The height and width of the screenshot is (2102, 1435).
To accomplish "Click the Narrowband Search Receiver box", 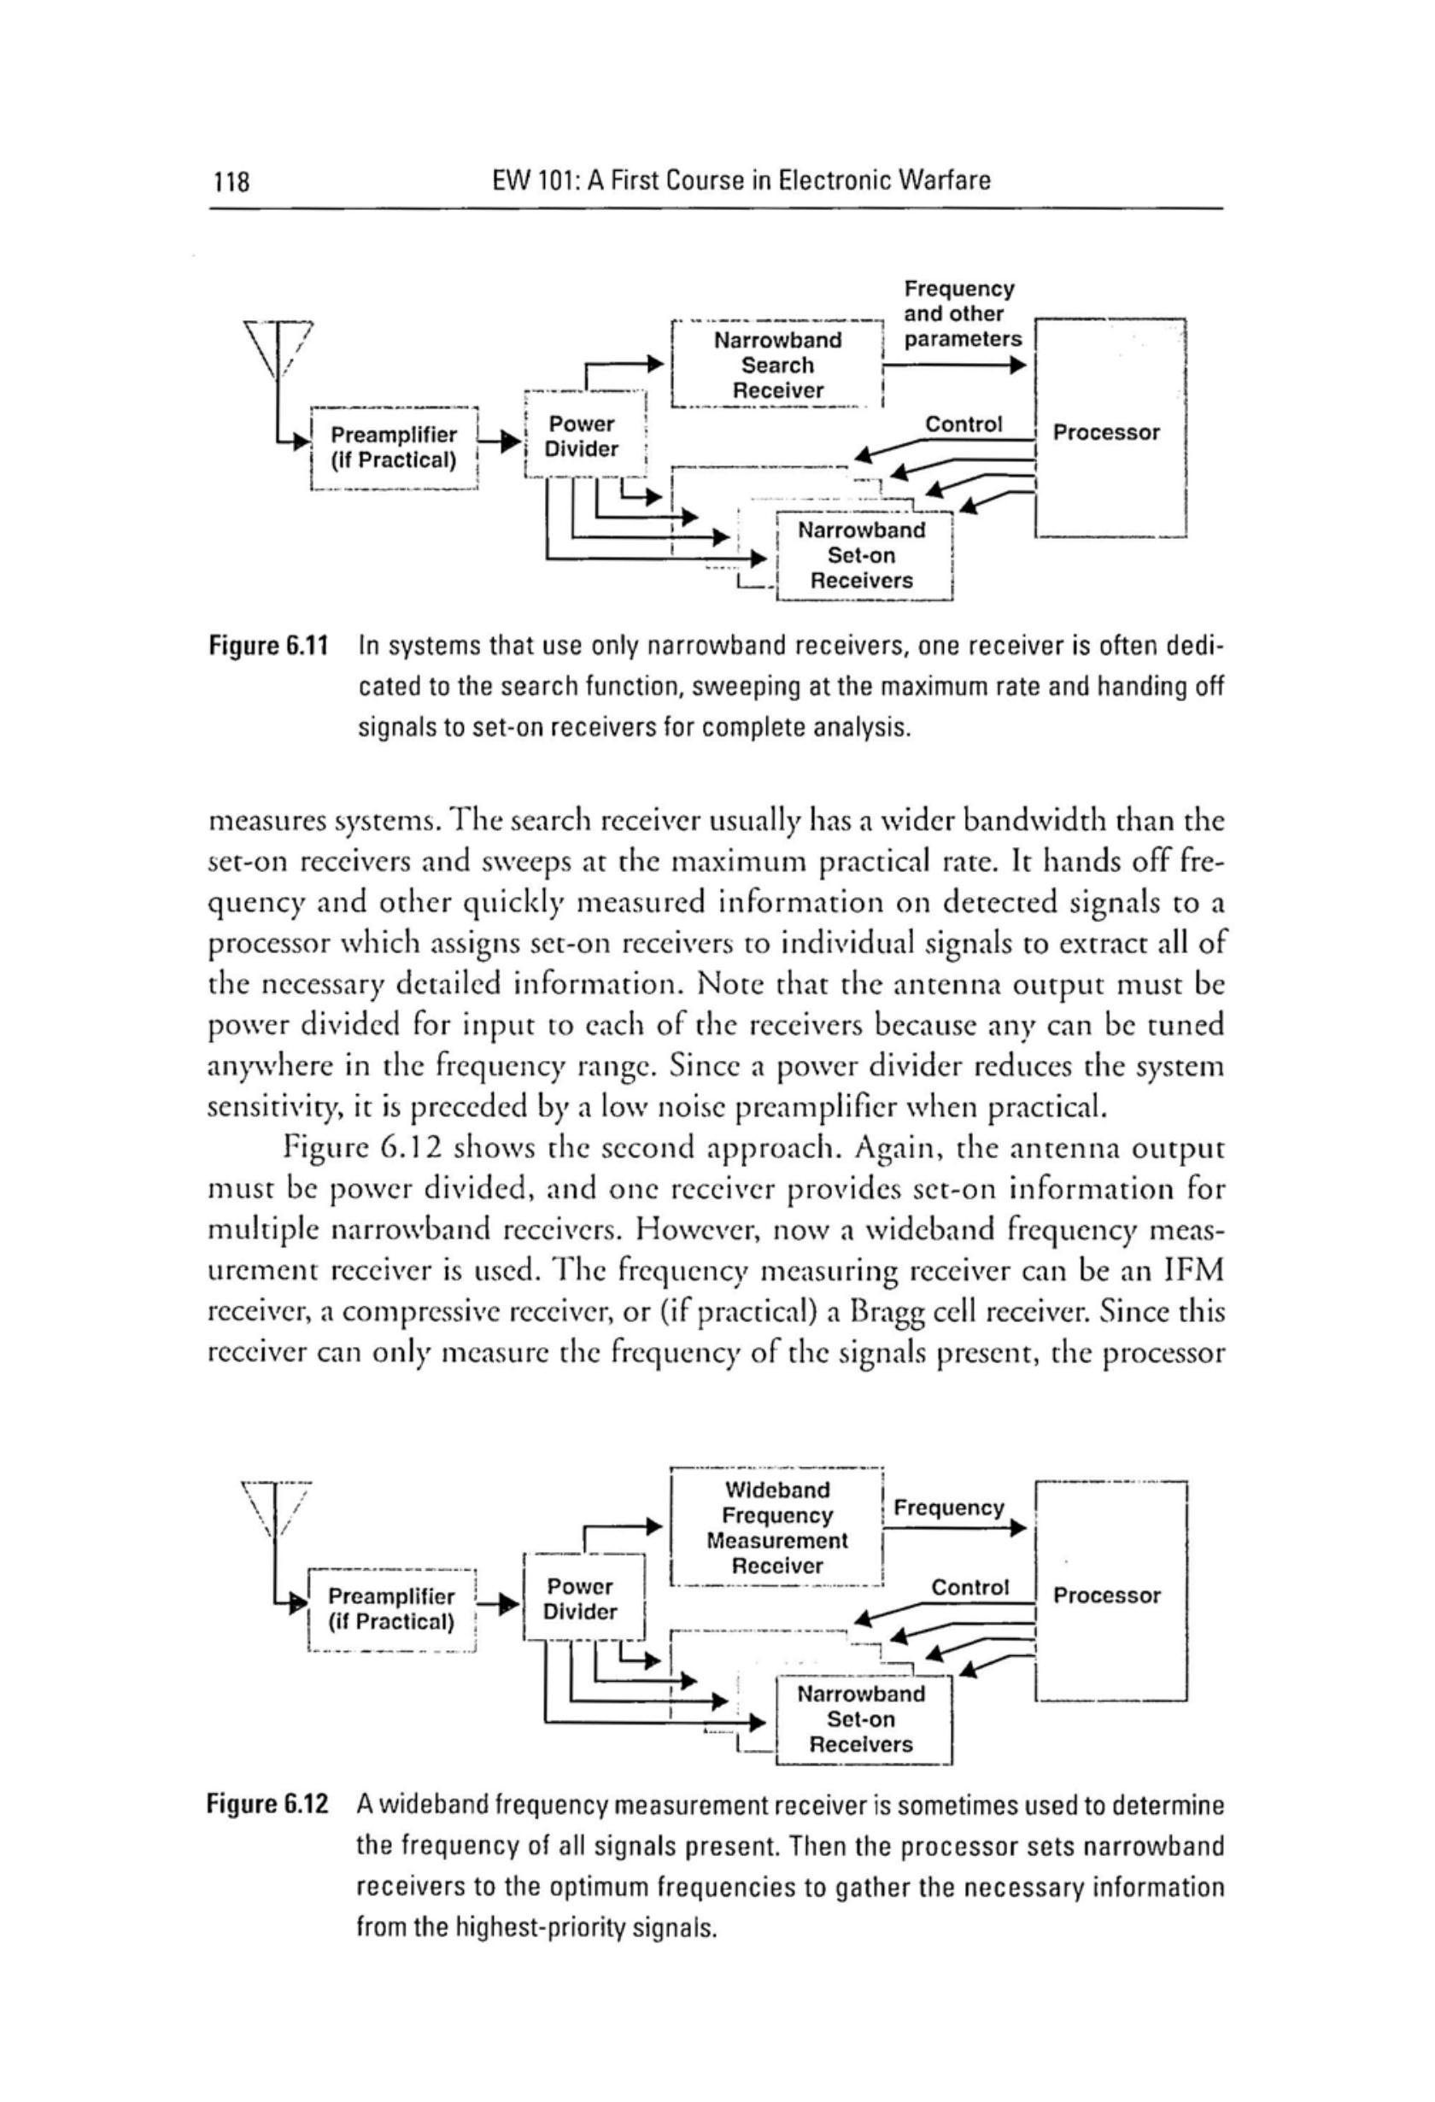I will tap(777, 366).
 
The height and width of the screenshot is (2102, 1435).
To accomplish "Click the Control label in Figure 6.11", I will tap(963, 424).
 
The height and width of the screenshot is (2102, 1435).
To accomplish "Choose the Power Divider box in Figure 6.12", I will tap(583, 1599).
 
